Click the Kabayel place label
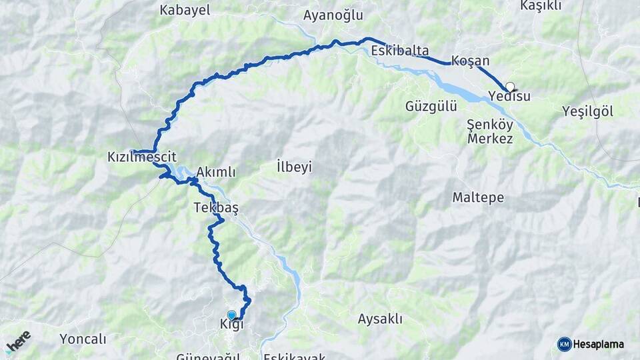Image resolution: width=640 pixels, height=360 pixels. [x=185, y=10]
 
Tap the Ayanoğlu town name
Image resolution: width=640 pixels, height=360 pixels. [x=333, y=15]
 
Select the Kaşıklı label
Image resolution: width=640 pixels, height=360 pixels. [x=541, y=6]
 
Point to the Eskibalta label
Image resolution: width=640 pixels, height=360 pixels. [x=400, y=50]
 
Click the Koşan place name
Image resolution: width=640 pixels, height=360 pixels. [x=470, y=61]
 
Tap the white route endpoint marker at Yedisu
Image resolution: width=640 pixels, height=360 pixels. [x=510, y=86]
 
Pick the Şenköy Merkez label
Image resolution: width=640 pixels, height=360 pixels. [x=490, y=131]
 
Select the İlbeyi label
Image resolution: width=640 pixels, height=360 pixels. [x=294, y=166]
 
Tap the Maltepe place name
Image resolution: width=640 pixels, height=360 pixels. [x=478, y=198]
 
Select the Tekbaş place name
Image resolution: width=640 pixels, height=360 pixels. [x=216, y=207]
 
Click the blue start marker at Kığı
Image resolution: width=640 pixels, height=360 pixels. [x=231, y=315]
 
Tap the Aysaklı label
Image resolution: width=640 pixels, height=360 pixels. [x=380, y=319]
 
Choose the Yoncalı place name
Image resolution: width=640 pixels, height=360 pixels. [x=83, y=339]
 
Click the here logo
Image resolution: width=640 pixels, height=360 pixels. [x=19, y=341]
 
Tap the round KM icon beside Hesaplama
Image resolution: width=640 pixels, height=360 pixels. [x=564, y=344]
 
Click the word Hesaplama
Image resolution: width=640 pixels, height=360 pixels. [x=599, y=344]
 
